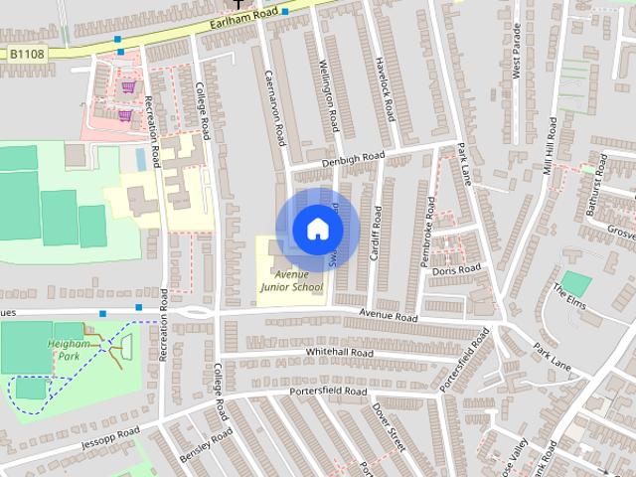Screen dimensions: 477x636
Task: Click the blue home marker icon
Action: [x=317, y=230]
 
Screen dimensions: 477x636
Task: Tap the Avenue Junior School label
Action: [x=292, y=281]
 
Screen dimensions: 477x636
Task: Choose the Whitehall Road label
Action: [x=340, y=353]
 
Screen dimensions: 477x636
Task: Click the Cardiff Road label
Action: [x=376, y=234]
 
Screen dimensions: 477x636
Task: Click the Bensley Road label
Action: [x=207, y=448]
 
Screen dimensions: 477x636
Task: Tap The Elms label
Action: [x=572, y=298]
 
